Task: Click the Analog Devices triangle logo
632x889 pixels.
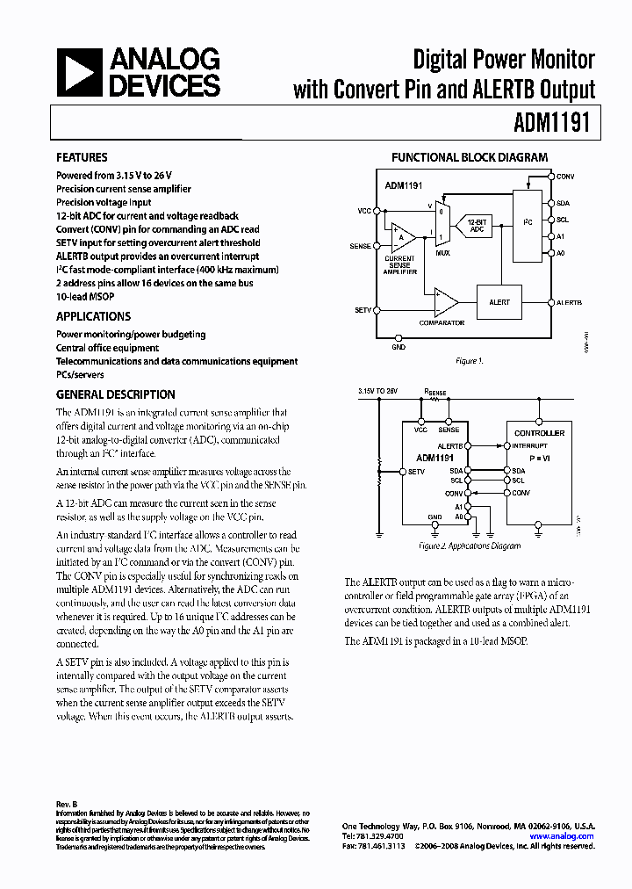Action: tap(79, 73)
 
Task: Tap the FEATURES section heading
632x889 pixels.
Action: tap(83, 158)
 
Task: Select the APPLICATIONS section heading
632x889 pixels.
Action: tap(94, 316)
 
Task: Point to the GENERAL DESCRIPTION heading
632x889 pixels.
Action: tap(116, 394)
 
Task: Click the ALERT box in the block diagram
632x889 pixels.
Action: tap(499, 301)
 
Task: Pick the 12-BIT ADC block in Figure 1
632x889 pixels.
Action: tap(477, 224)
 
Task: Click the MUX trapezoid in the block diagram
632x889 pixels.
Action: tap(443, 223)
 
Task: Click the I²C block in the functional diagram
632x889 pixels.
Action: tap(527, 223)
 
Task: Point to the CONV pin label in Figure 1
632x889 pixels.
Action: tap(565, 177)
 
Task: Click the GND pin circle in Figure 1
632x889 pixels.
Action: tap(399, 336)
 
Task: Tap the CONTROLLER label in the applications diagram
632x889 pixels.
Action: tap(539, 432)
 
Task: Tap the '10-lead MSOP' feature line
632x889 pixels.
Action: tap(87, 297)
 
